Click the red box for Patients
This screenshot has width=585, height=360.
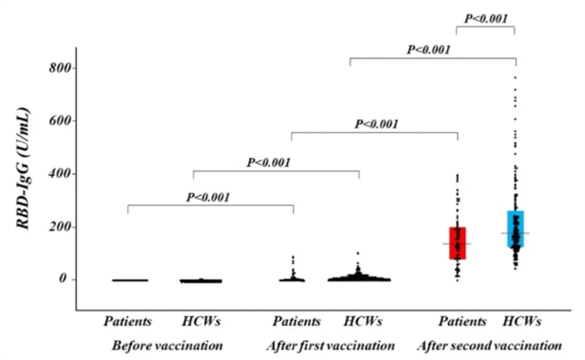click(x=458, y=243)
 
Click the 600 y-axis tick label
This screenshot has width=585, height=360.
click(x=60, y=121)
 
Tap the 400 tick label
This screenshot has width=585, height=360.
click(x=60, y=174)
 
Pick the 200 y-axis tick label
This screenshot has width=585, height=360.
click(x=60, y=227)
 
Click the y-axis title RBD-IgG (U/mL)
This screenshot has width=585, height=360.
click(x=23, y=168)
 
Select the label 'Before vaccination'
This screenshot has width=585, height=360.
click(x=168, y=345)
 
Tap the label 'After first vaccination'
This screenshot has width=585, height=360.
click(x=330, y=345)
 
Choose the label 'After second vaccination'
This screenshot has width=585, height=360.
click(x=490, y=345)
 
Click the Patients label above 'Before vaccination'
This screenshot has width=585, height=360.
click(x=128, y=322)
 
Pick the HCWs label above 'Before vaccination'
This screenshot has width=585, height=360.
click(x=201, y=322)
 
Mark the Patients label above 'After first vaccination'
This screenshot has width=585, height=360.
click(x=297, y=322)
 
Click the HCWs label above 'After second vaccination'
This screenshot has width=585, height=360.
click(x=522, y=322)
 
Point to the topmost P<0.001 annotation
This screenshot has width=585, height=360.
click(x=486, y=18)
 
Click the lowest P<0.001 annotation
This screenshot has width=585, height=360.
click(x=208, y=197)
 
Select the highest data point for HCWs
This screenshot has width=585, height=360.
click(x=515, y=77)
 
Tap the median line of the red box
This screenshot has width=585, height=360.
click(x=457, y=244)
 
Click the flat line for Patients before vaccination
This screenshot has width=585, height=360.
click(x=130, y=280)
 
